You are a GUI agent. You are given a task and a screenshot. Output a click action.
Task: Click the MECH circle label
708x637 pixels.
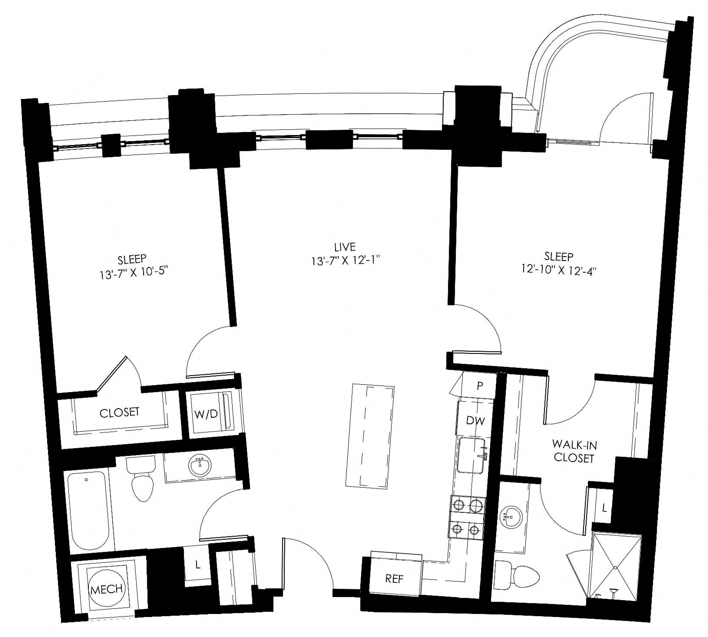point(106,589)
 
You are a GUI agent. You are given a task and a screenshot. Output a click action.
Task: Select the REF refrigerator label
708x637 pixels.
point(394,579)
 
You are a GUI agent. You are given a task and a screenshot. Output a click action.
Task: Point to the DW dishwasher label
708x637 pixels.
point(475,420)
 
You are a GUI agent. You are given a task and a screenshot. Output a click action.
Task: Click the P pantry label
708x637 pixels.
point(480,386)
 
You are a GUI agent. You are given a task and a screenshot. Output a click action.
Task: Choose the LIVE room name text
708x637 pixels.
point(345,247)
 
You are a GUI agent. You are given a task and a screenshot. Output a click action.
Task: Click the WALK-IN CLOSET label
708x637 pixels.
point(574,452)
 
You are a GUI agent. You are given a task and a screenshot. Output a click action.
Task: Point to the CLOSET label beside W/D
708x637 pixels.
point(119,412)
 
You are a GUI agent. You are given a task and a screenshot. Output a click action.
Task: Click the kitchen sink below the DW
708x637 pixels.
point(473,455)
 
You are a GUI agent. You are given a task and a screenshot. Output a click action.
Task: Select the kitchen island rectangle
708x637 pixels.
point(370,436)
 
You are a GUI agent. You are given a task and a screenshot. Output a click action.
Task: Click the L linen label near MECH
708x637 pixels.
point(198,564)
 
